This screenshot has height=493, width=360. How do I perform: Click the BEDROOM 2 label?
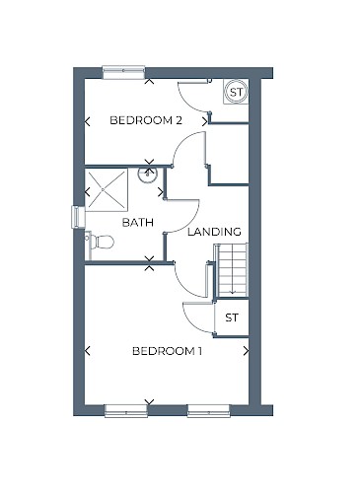(x=146, y=120)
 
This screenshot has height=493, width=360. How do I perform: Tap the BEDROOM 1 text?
(x=167, y=351)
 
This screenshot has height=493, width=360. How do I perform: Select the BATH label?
(x=138, y=223)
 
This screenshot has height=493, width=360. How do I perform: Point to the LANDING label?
(x=214, y=232)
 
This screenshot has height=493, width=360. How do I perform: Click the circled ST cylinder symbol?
(x=237, y=92)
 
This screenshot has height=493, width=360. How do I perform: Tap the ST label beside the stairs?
(x=232, y=317)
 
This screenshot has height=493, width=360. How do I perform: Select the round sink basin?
(x=148, y=175)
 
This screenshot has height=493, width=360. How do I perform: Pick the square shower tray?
(x=107, y=189)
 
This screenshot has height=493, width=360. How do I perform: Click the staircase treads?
(x=231, y=269)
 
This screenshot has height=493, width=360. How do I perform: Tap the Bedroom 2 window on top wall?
(x=123, y=72)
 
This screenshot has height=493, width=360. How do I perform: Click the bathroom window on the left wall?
(x=78, y=217)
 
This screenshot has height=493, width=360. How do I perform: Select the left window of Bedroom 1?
(x=126, y=411)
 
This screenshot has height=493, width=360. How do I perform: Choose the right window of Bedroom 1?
(x=208, y=411)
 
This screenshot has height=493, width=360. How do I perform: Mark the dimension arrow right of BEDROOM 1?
(x=246, y=351)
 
